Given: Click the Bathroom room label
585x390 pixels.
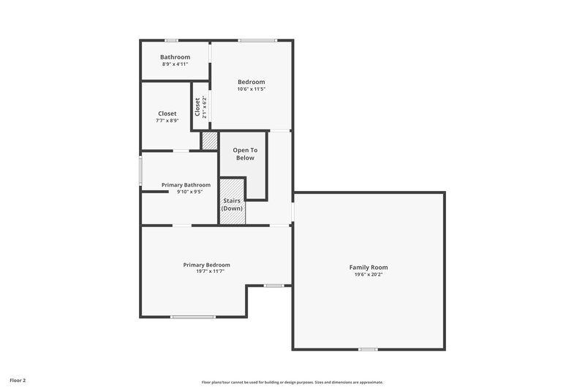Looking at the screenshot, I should (x=175, y=57).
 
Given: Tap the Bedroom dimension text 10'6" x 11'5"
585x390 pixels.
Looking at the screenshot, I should (x=251, y=89).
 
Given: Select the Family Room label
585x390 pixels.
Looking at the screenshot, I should (x=368, y=267).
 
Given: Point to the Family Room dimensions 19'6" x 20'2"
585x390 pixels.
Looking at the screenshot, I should (x=368, y=275).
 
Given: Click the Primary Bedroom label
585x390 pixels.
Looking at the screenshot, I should (x=207, y=264).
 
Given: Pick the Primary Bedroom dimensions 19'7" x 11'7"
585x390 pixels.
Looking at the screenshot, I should (x=210, y=271).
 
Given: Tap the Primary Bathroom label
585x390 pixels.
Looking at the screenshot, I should (x=186, y=184).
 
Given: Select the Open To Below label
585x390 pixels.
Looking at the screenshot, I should (x=244, y=154).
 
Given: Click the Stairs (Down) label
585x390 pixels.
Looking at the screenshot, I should (x=232, y=204).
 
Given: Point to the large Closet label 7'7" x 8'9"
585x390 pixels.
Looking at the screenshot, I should (x=167, y=113).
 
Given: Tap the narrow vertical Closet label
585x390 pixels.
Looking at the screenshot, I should (x=197, y=107).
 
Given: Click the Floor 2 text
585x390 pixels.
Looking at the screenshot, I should (x=18, y=380).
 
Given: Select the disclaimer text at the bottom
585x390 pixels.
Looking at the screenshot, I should (x=292, y=382).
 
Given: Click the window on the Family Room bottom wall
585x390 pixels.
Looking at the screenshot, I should (x=368, y=349).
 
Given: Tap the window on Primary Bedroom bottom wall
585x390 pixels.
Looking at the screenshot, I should (x=193, y=317).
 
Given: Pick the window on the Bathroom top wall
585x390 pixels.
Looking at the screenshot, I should (x=171, y=40).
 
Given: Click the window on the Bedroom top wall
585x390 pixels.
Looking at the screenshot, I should (x=257, y=40).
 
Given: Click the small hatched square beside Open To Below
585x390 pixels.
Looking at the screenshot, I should (x=210, y=140).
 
